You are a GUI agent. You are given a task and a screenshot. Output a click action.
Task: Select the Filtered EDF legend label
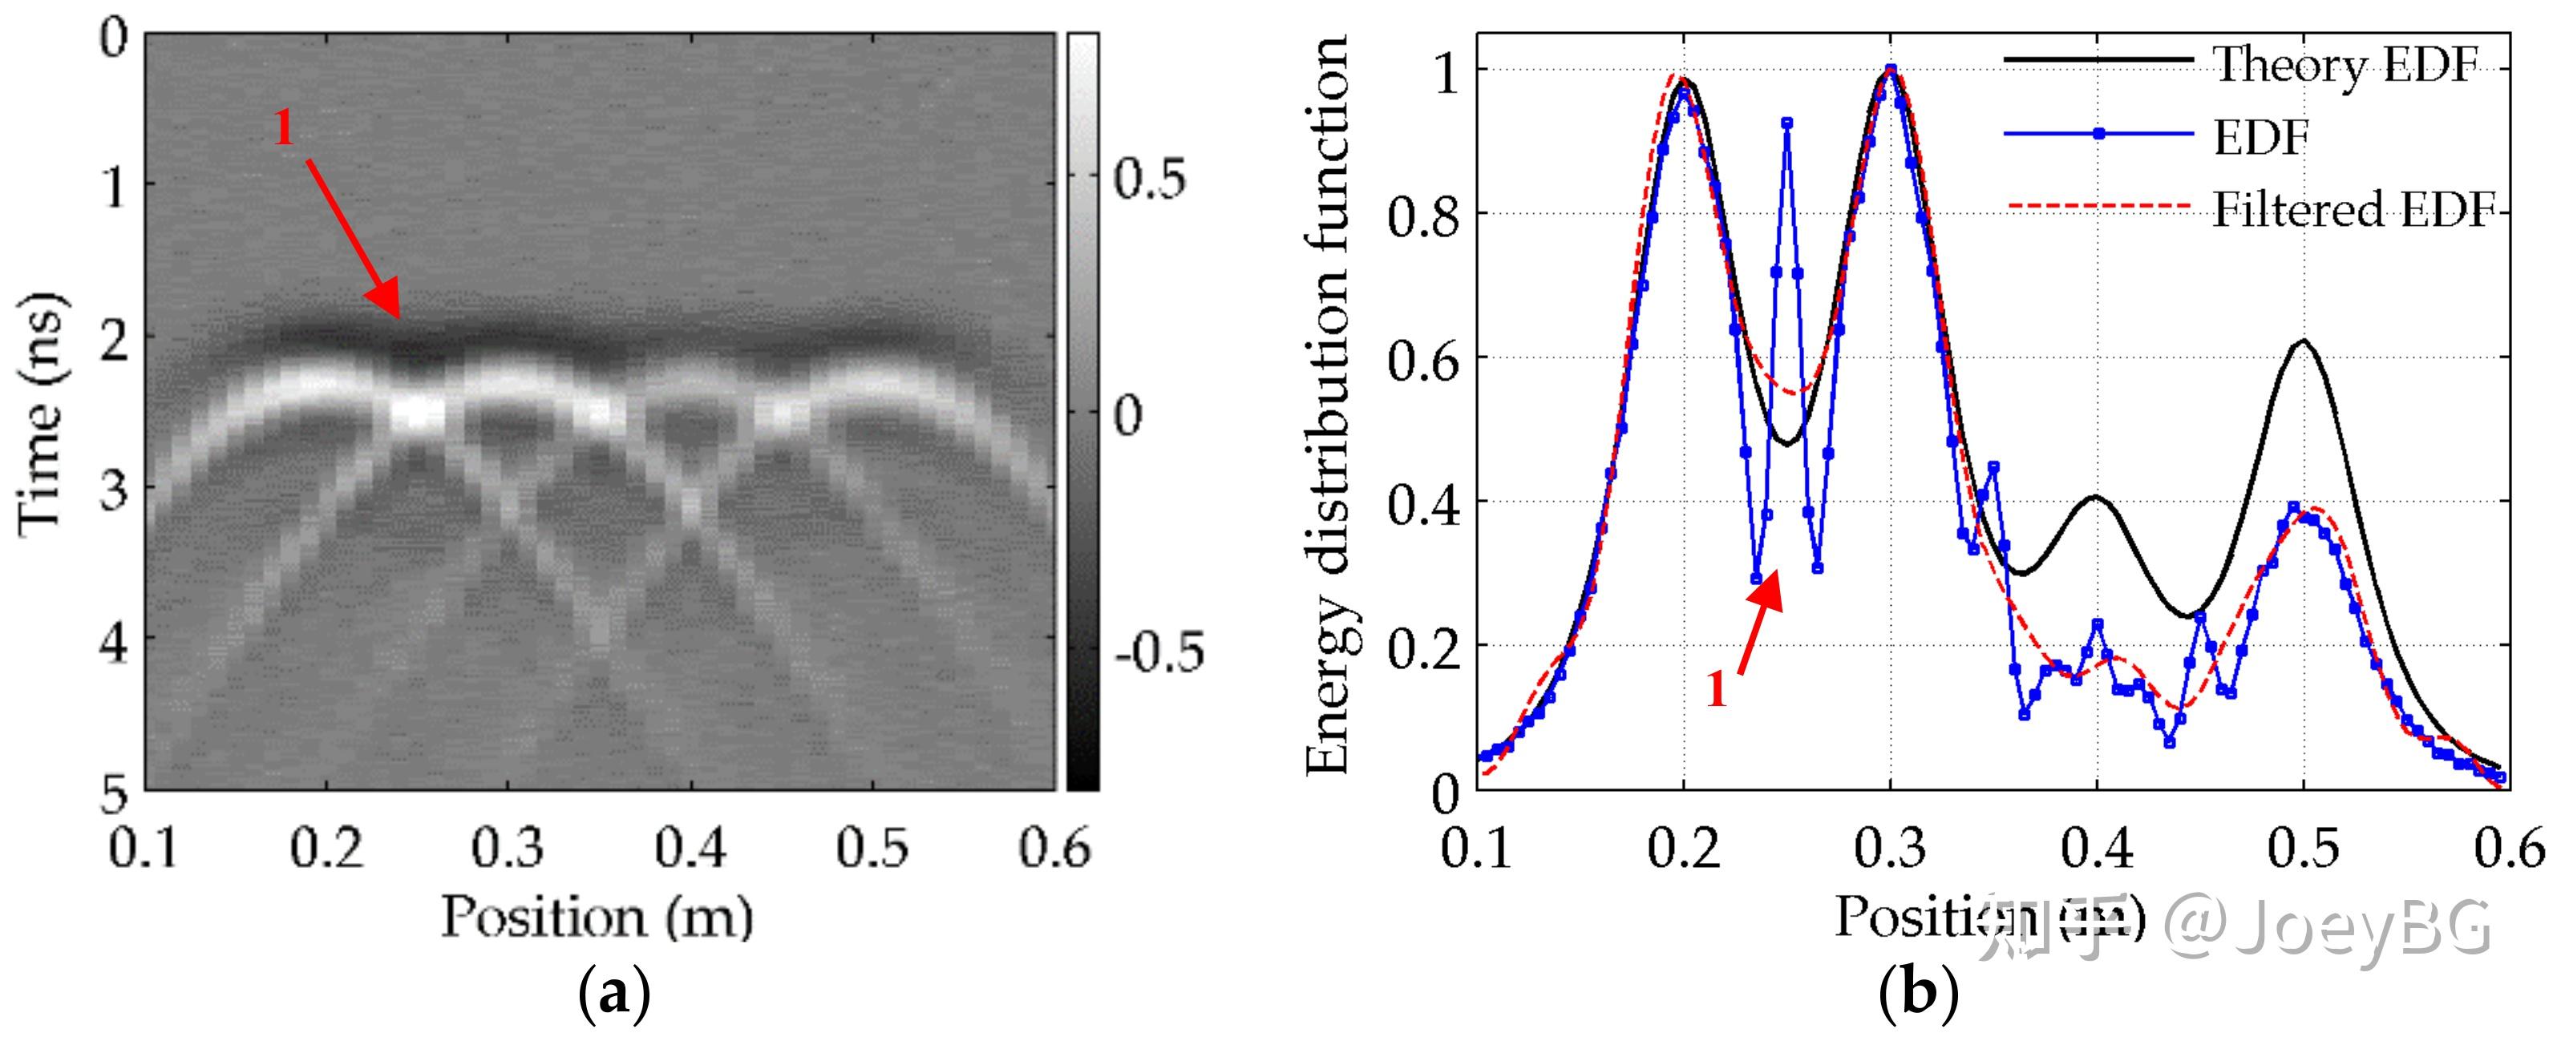[x=2353, y=209]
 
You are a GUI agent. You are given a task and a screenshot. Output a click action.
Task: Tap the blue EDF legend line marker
[x=2098, y=134]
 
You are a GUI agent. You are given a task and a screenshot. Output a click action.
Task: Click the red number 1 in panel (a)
[x=284, y=129]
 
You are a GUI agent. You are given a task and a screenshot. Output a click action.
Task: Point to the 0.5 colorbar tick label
[x=1148, y=180]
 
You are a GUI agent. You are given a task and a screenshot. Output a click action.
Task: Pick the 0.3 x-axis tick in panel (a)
[x=508, y=849]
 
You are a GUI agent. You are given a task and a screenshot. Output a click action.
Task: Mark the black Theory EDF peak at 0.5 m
[x=2302, y=341]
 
